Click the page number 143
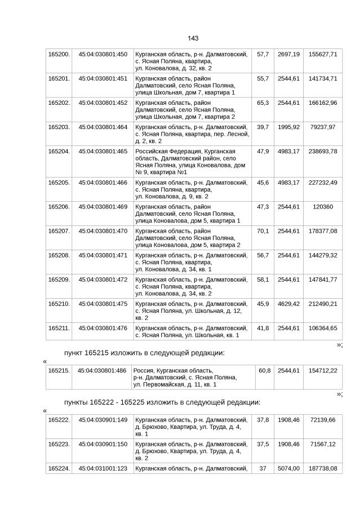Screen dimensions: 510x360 click(x=193, y=38)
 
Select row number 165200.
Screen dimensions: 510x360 click(x=59, y=54)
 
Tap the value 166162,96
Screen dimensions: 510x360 click(x=323, y=103)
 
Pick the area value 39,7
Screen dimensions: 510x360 click(x=263, y=127)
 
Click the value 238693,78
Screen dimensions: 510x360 click(x=323, y=152)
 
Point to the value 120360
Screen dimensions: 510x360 click(x=323, y=207)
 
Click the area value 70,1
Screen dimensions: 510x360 click(x=263, y=231)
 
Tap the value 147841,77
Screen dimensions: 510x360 click(x=323, y=280)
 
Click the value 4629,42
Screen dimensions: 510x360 click(x=289, y=304)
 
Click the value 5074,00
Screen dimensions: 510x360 click(x=289, y=468)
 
